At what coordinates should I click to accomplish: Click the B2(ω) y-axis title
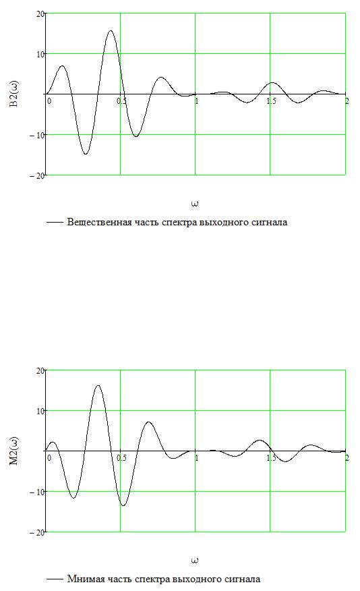click(x=13, y=94)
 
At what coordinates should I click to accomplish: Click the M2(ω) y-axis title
click(x=13, y=451)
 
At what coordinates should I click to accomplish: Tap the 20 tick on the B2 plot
click(x=40, y=13)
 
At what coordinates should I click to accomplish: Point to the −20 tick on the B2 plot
click(x=37, y=175)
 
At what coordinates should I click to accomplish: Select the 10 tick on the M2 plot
click(x=40, y=411)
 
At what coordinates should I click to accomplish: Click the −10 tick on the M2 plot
click(x=37, y=492)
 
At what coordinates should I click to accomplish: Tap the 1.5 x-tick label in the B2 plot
click(x=271, y=101)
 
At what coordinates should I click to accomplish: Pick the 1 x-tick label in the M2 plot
click(x=197, y=458)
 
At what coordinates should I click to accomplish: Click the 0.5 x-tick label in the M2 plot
click(x=121, y=458)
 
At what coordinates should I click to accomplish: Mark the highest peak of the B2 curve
click(x=111, y=30)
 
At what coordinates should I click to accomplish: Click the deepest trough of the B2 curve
click(x=86, y=154)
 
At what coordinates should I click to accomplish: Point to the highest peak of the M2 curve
click(x=98, y=385)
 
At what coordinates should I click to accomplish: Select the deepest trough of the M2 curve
click(x=123, y=505)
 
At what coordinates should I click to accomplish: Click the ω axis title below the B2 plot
click(x=195, y=204)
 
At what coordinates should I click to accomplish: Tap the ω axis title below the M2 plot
click(x=195, y=561)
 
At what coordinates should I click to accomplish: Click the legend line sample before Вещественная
click(x=55, y=223)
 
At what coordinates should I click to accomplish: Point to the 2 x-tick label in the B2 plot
click(x=347, y=101)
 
